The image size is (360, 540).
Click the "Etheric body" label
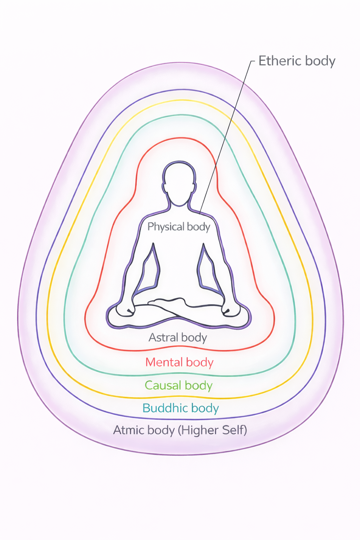pos(297,61)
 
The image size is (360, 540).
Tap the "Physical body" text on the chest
pos(179,227)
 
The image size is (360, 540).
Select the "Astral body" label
pos(178,337)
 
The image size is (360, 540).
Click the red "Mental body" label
pos(179,362)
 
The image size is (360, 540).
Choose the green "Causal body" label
pos(179,385)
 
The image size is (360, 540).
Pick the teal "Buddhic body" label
pos(180,408)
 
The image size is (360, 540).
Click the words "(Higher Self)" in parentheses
pos(213,430)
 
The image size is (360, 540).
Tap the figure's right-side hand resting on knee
pos(230,310)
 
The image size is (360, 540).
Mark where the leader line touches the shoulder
pos(200,213)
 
